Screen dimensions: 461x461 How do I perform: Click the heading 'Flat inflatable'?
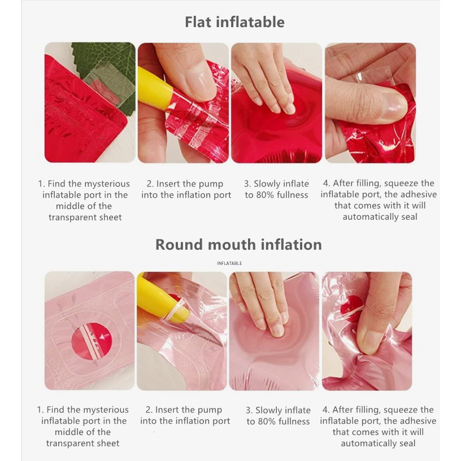click(234, 23)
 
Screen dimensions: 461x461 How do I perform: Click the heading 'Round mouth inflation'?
click(238, 245)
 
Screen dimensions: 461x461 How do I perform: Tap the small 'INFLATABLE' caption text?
click(229, 263)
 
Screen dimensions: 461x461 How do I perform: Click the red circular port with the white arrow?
click(92, 341)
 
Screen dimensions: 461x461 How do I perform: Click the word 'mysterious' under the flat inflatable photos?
click(107, 184)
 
